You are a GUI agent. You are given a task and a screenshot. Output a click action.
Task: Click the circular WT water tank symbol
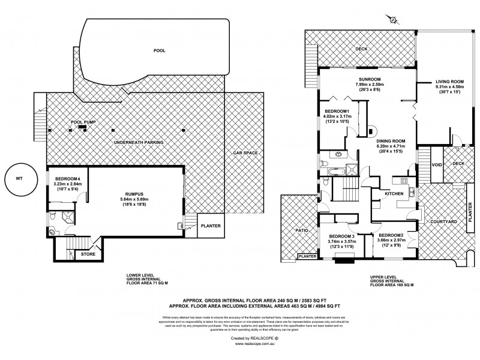17,178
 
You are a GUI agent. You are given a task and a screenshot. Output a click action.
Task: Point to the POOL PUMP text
83,122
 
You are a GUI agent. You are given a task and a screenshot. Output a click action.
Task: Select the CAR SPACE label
245,153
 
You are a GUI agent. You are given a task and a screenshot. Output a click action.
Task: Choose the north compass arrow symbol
393,19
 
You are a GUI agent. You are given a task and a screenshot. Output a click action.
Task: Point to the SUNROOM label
370,79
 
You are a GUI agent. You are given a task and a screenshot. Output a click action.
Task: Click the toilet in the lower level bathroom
53,233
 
